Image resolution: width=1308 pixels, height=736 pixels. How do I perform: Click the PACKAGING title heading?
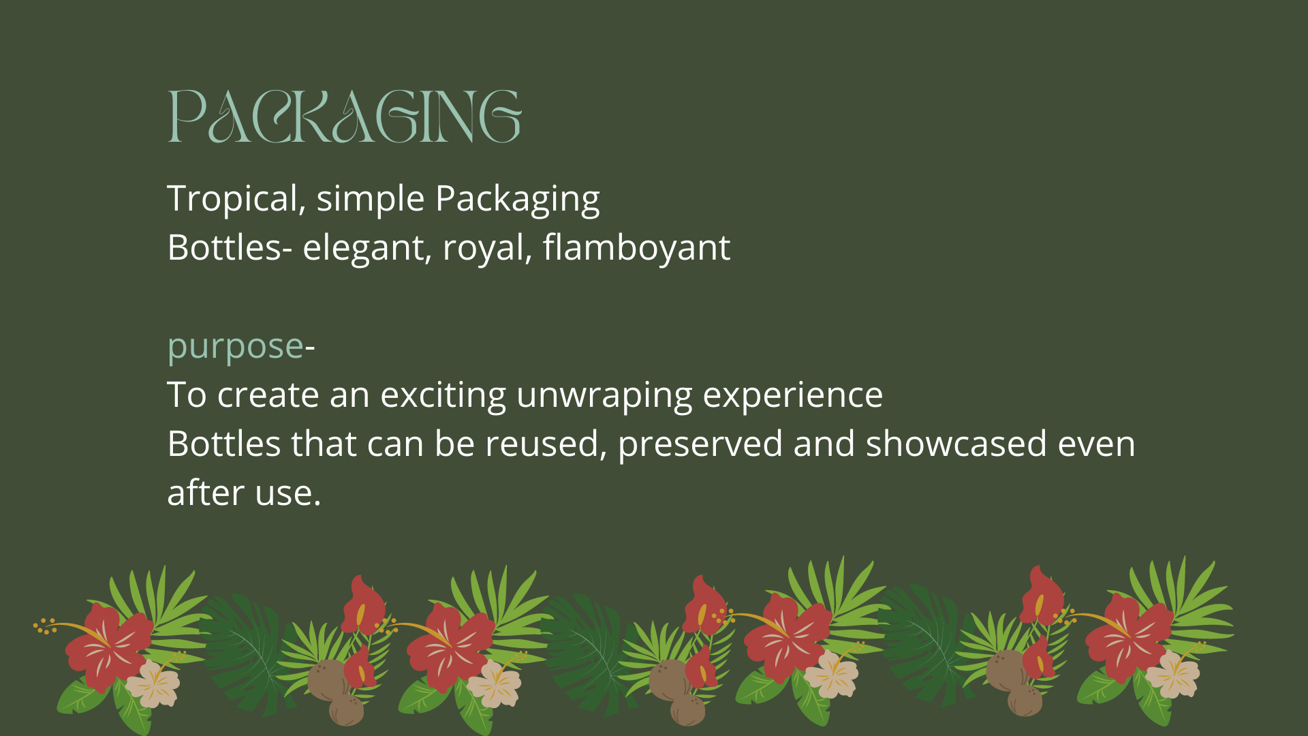point(345,117)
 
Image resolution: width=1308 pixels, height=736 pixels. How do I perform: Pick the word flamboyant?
point(636,247)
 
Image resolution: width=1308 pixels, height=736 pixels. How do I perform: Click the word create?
point(268,395)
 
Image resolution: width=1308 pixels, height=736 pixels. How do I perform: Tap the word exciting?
point(443,395)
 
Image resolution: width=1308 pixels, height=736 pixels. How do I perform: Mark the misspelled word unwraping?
point(604,395)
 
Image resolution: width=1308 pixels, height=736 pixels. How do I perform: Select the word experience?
point(792,395)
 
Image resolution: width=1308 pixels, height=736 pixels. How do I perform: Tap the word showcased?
point(956,444)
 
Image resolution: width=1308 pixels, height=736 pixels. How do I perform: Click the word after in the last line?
point(206,493)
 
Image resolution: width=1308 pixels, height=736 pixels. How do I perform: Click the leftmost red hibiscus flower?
point(109,646)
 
